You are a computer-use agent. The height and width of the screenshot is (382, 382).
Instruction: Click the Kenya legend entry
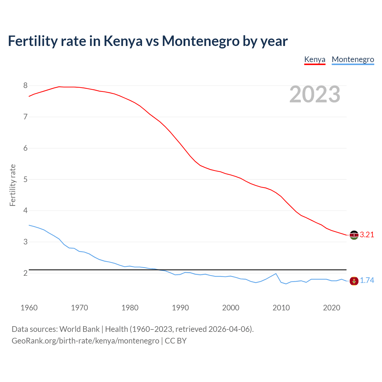[315, 59]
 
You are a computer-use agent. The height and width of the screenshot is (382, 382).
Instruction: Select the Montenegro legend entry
[353, 59]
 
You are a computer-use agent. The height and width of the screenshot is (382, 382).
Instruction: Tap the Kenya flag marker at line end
[354, 235]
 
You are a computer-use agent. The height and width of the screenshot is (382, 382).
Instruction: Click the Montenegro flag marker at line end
[354, 281]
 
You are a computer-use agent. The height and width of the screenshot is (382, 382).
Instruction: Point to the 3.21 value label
[367, 235]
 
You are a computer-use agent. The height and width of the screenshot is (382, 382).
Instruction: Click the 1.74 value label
[367, 281]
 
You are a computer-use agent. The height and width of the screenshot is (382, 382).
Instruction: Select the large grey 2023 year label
[315, 94]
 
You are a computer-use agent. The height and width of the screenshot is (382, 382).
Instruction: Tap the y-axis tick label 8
[25, 86]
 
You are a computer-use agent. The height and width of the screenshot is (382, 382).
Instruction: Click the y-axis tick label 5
[25, 179]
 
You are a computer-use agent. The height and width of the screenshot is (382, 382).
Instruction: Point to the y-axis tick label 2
[25, 273]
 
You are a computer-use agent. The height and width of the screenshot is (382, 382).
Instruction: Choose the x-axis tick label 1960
[29, 308]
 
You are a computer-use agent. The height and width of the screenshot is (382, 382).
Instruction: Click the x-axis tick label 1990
[180, 308]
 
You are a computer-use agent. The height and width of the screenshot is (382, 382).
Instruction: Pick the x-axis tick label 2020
[332, 308]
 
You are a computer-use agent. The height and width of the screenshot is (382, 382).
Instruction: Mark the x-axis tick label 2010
[281, 308]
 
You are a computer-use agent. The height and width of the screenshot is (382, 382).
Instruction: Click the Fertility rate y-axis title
[13, 185]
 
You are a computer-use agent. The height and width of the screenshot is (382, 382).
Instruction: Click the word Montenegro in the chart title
[201, 41]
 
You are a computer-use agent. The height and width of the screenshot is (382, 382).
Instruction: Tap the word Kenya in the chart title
[123, 41]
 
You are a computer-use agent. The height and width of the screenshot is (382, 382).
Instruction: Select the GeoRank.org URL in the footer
[85, 341]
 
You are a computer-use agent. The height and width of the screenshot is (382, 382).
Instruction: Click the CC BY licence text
[176, 341]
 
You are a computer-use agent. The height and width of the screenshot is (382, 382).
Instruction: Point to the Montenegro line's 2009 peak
[276, 274]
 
